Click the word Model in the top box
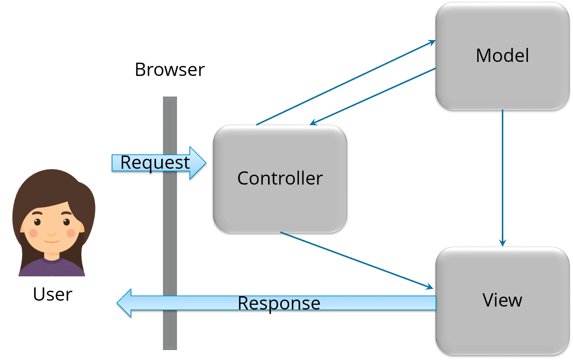[502, 55]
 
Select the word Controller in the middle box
[280, 178]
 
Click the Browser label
[170, 69]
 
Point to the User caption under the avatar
[53, 294]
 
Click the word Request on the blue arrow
[155, 163]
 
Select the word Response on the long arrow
[279, 304]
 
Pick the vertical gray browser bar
[170, 223]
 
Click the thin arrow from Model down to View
[503, 178]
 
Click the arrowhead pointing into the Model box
[432, 42]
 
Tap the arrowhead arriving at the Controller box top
[313, 122]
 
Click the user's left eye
[37, 222]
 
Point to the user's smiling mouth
[52, 241]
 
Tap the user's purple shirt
[52, 267]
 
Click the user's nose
[52, 234]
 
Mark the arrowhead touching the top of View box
[503, 243]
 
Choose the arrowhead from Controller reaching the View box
[430, 287]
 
